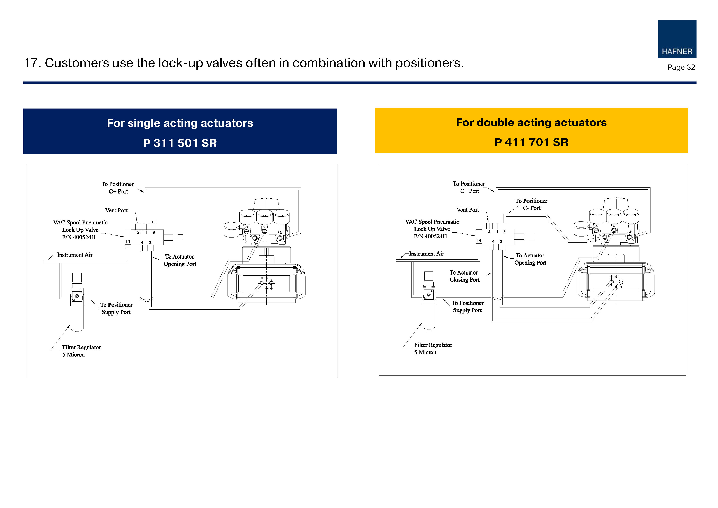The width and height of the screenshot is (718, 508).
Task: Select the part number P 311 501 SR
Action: (180, 143)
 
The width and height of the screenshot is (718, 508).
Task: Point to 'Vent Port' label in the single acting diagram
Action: (116, 210)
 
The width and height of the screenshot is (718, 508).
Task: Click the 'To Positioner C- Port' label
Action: (531, 204)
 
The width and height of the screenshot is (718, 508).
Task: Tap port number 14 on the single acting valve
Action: (128, 241)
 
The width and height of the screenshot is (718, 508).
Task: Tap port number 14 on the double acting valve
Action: (479, 240)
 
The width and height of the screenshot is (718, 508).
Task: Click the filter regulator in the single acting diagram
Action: (77, 302)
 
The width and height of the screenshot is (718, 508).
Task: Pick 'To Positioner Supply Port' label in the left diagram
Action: (116, 308)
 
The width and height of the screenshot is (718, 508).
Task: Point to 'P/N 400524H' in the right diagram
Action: (430, 236)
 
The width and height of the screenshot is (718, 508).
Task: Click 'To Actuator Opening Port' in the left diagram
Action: (180, 260)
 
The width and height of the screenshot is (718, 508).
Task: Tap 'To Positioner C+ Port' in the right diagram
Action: (469, 187)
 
